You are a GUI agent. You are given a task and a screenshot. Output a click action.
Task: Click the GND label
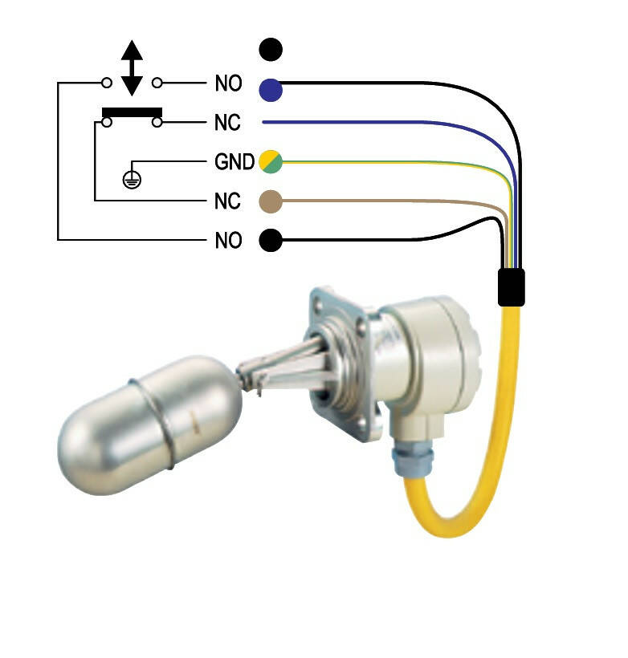[234, 162]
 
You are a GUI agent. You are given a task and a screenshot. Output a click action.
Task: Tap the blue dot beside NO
[271, 89]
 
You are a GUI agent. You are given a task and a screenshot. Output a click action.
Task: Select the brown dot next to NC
[271, 202]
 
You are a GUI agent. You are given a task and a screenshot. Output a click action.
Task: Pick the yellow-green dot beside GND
[271, 162]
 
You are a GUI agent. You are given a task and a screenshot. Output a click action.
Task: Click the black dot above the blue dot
[271, 50]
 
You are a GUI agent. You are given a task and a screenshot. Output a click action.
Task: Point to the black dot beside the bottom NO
[271, 240]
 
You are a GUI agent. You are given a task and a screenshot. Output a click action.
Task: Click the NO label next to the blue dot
[228, 83]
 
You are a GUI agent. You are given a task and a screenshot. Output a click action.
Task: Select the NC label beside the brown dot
[227, 201]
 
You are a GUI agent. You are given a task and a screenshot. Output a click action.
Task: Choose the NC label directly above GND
[227, 124]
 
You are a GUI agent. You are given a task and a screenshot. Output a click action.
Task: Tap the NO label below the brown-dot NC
[228, 240]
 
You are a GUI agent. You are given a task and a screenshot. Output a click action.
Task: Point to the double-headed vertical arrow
[132, 67]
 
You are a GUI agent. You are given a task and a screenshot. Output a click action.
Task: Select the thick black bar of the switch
[132, 112]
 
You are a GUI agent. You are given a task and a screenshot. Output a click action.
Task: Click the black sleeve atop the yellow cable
[511, 287]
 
